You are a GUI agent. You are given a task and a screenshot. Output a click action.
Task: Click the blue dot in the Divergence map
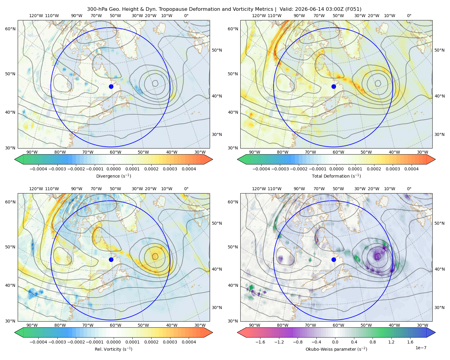coord(111,86)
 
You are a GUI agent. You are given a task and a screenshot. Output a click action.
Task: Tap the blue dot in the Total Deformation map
coord(334,86)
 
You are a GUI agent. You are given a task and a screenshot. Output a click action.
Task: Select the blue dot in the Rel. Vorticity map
coord(111,259)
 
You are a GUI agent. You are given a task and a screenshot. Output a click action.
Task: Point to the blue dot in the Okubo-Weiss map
coord(334,259)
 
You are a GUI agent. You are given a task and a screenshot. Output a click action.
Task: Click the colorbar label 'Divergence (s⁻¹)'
coord(113,176)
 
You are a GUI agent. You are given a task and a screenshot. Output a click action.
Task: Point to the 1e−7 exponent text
coord(421,348)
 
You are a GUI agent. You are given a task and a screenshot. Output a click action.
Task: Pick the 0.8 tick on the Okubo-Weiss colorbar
coord(373,342)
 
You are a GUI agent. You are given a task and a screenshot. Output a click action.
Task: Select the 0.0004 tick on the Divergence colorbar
coord(189,169)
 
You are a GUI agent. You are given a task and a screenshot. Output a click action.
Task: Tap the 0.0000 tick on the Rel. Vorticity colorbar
coord(113,342)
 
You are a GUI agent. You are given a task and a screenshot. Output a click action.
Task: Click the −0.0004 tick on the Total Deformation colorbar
coord(261,169)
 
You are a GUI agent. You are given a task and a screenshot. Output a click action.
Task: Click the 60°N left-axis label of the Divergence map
coord(10,29)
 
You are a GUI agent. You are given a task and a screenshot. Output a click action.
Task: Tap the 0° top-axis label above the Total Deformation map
coord(409,16)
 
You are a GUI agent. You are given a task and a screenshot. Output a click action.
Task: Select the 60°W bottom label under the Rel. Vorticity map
coord(115,325)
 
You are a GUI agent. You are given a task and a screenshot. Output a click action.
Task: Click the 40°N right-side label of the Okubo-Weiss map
coord(439,269)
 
